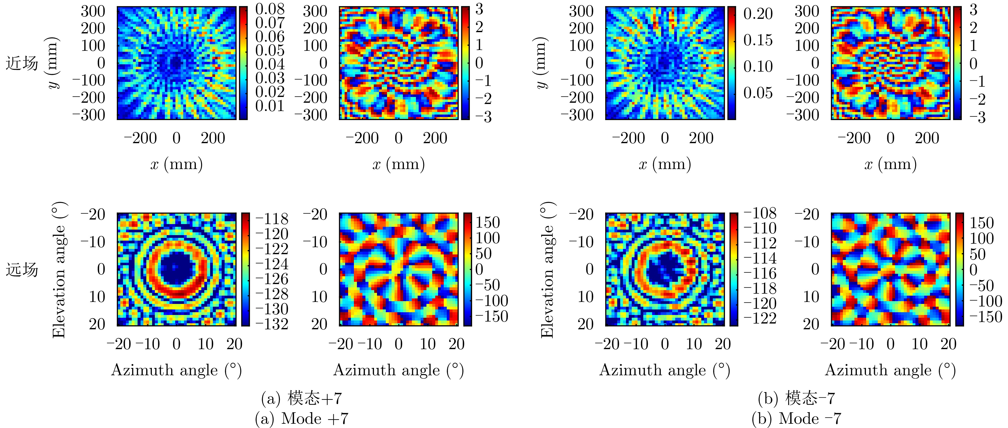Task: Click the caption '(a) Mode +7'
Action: [x=301, y=419]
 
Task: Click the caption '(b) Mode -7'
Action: [x=796, y=419]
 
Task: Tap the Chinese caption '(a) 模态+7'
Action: [x=301, y=398]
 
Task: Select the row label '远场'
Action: [x=22, y=270]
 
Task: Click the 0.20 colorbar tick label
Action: [x=758, y=14]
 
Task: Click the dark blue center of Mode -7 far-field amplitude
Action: [x=664, y=270]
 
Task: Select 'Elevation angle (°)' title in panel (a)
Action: [x=59, y=270]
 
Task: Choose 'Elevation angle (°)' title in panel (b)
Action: [x=547, y=270]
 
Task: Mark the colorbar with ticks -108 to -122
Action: [x=734, y=270]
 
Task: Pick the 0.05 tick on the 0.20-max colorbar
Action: [x=758, y=93]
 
